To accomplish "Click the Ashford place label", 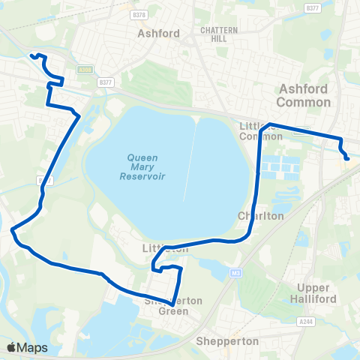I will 158,34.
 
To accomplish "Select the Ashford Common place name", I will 303,94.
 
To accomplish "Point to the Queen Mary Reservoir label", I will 142,166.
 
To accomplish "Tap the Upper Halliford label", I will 318,293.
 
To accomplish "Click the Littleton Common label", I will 259,130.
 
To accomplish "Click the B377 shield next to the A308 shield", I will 105,82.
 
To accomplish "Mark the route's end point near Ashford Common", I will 347,158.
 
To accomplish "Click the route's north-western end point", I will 31,55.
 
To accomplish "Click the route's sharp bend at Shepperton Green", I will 174,304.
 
